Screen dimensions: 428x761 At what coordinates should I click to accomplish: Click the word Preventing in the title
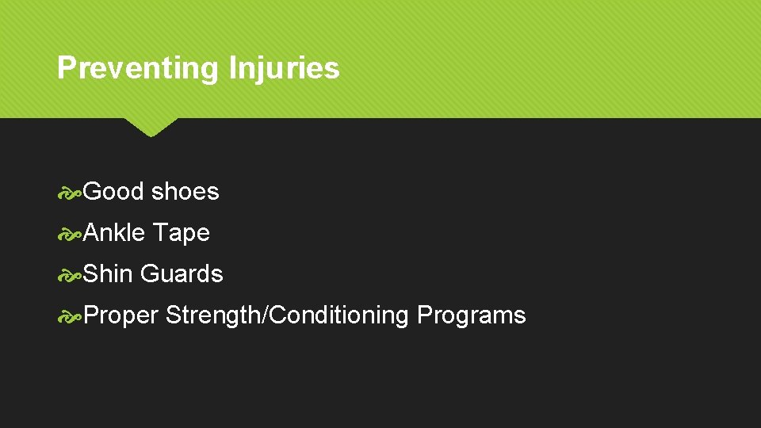click(x=139, y=68)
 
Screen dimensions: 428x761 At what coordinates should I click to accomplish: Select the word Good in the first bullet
click(x=113, y=191)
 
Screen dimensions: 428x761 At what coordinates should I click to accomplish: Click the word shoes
click(x=185, y=191)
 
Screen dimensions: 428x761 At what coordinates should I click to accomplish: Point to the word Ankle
click(x=114, y=232)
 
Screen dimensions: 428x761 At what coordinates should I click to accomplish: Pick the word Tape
click(x=181, y=232)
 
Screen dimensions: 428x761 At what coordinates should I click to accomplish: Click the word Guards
click(x=182, y=273)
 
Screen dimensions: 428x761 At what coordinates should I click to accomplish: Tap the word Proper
click(x=121, y=315)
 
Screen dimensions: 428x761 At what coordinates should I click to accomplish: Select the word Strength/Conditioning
click(x=288, y=315)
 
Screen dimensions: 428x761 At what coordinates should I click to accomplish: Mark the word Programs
click(x=471, y=315)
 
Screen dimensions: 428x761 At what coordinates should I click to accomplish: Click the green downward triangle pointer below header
click(x=151, y=127)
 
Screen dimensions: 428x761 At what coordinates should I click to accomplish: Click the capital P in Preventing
click(x=65, y=68)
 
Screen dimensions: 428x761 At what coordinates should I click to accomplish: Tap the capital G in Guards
click(x=149, y=273)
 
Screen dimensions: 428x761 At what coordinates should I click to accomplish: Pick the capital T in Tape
click(x=159, y=232)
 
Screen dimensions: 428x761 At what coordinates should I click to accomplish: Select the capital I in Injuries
click(x=232, y=68)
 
